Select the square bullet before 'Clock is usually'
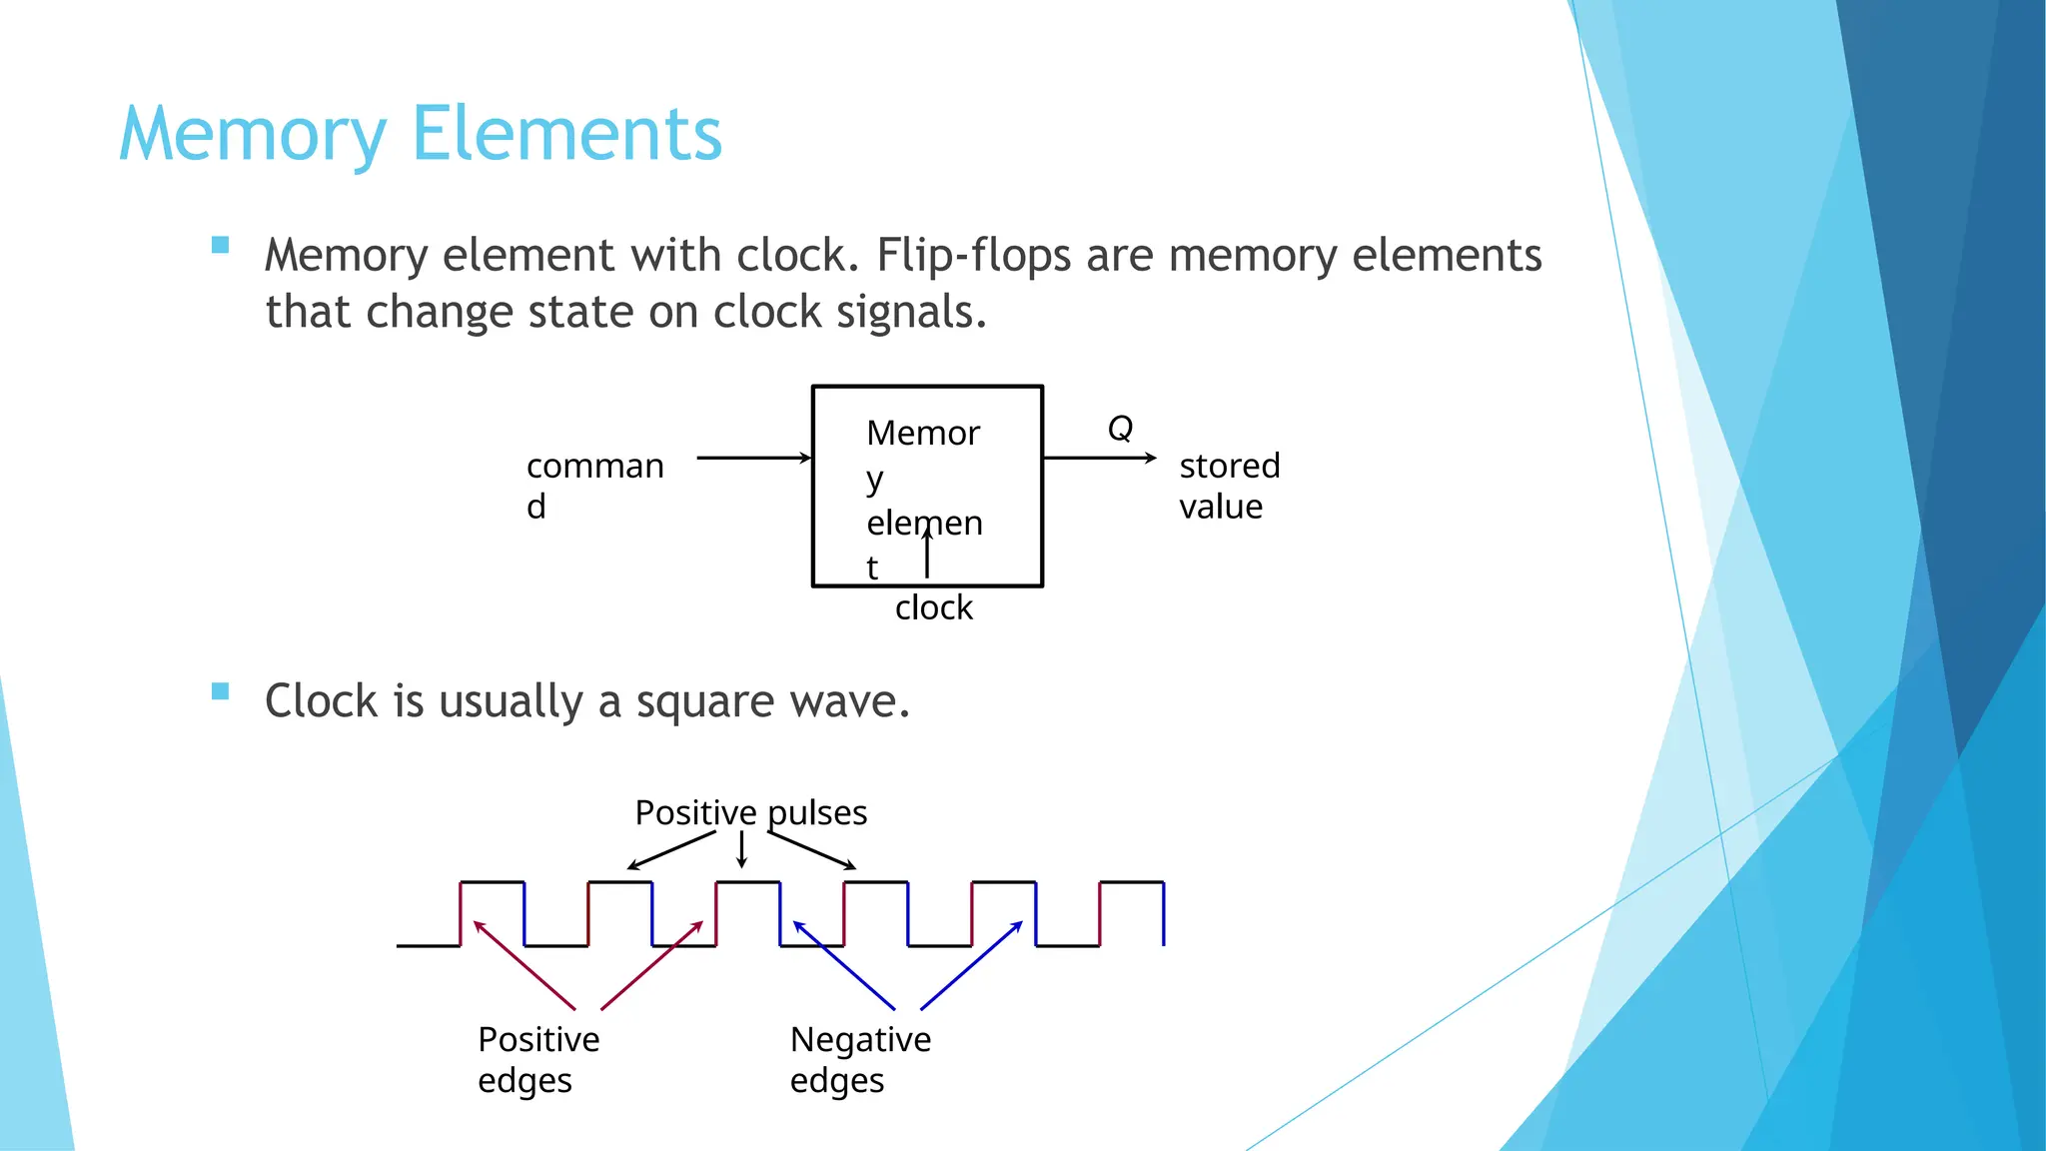tap(221, 691)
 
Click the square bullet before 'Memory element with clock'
tap(221, 245)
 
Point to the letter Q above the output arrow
tap(1120, 429)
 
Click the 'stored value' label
tap(1229, 486)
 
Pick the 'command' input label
tap(594, 486)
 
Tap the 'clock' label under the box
tap(933, 607)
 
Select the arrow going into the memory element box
tap(753, 458)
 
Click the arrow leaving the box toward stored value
tap(1099, 458)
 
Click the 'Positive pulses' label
tap(750, 812)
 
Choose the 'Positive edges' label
tap(538, 1059)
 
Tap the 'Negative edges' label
tap(860, 1059)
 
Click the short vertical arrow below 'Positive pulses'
tap(741, 849)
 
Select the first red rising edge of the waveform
tap(461, 913)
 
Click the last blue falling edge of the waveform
tap(1164, 913)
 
